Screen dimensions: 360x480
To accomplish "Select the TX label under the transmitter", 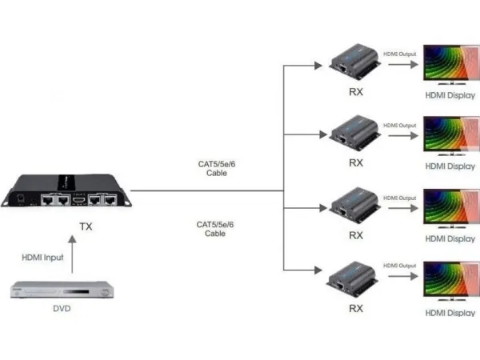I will [86, 226].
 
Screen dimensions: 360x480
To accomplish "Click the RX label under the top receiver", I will [357, 92].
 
